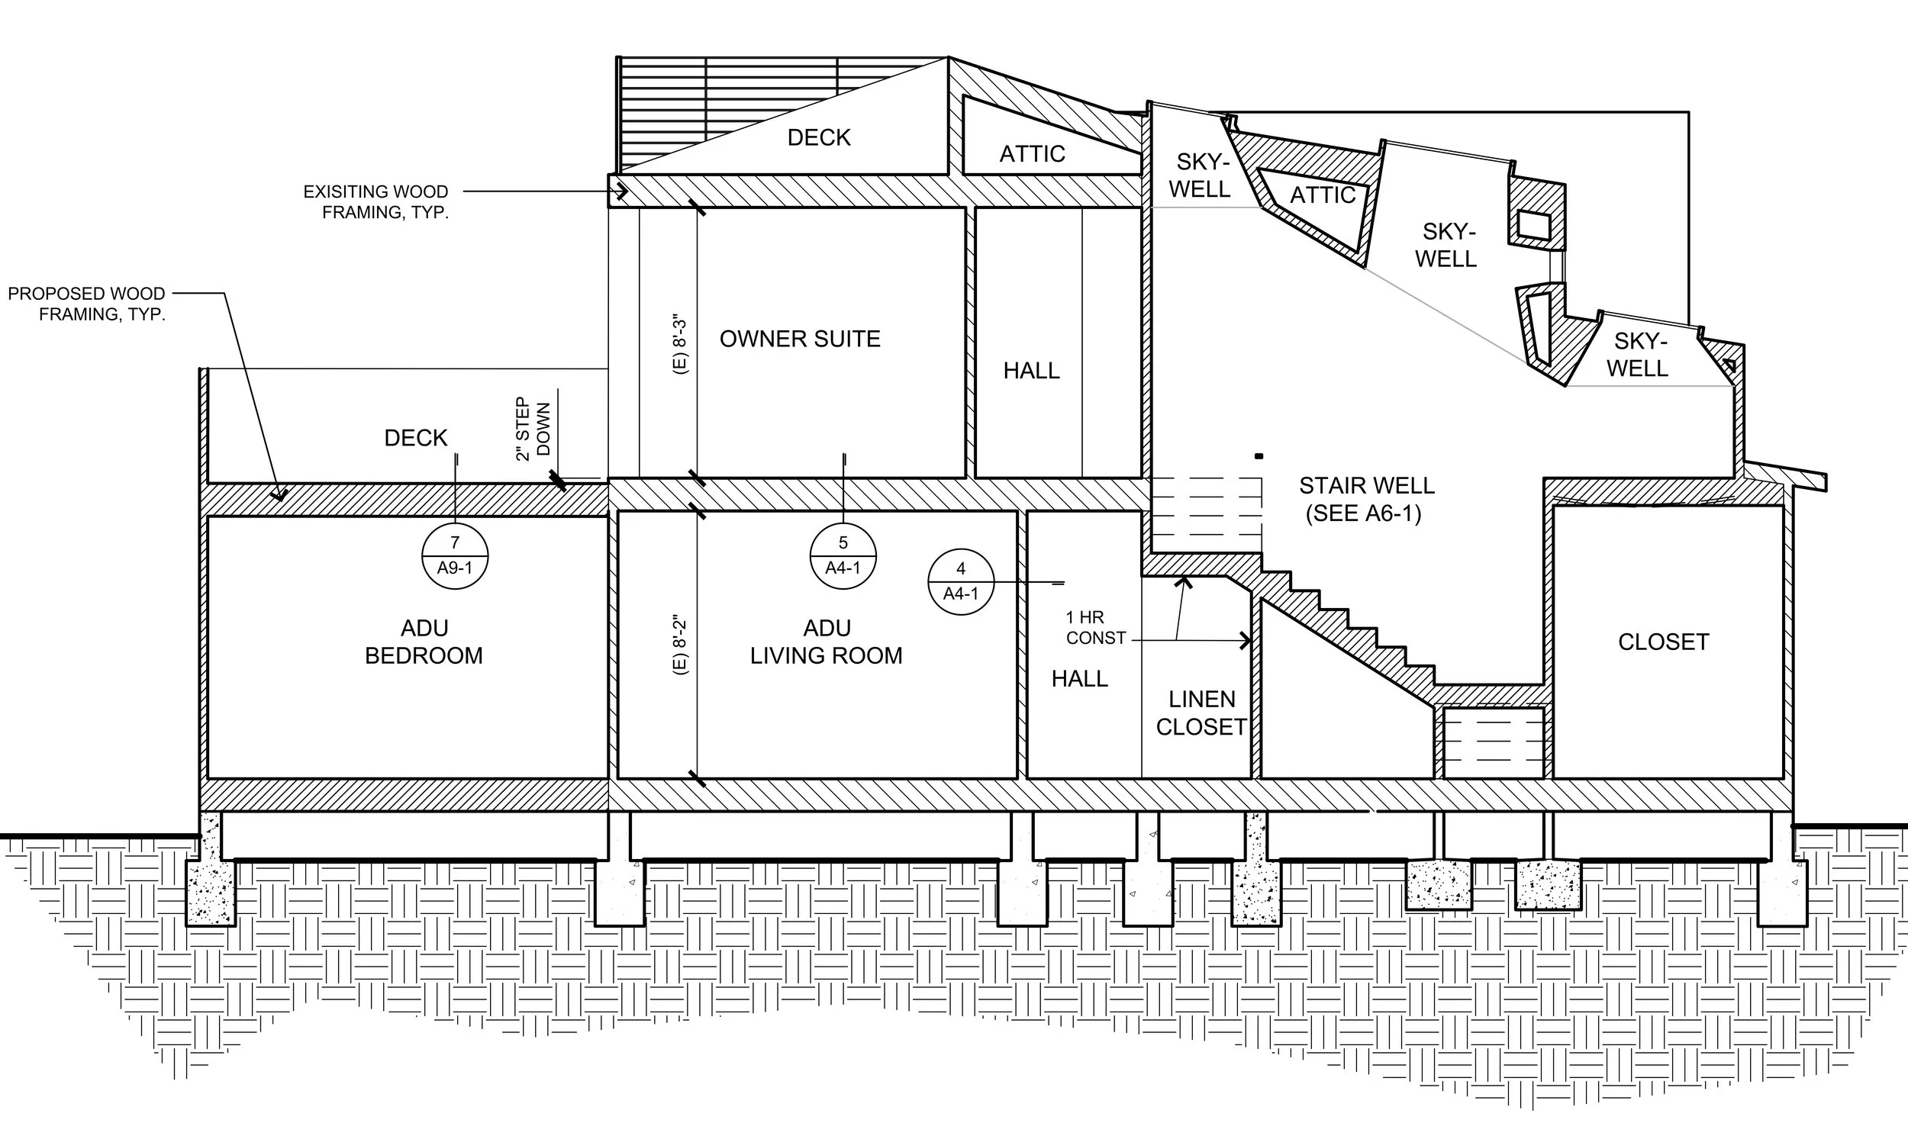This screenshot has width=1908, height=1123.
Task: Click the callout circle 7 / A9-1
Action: [455, 555]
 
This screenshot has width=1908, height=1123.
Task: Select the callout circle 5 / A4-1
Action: [843, 555]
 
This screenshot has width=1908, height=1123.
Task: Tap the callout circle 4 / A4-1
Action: [961, 581]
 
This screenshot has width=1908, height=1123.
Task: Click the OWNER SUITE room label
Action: [800, 339]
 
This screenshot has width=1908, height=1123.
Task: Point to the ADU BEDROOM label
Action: [424, 642]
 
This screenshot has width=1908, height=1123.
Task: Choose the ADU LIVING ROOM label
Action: [827, 642]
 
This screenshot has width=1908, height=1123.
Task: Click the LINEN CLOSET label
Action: [1201, 713]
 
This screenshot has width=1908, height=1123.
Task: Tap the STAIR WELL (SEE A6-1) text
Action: [1366, 499]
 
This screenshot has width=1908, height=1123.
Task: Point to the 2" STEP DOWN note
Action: [533, 428]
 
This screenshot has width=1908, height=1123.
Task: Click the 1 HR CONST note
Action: [1095, 627]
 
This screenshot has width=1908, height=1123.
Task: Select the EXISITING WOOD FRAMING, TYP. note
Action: [376, 202]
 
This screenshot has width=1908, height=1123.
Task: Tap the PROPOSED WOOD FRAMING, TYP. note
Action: [87, 304]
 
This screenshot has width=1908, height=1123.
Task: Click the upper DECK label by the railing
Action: [819, 137]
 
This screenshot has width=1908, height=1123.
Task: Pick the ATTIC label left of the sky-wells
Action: [1032, 154]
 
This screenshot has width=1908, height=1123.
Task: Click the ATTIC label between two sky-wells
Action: [1323, 195]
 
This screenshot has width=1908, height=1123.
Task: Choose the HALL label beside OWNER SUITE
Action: [1031, 371]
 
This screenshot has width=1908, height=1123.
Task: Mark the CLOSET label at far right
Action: [1663, 642]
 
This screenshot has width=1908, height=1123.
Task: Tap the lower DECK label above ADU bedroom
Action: [416, 438]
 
